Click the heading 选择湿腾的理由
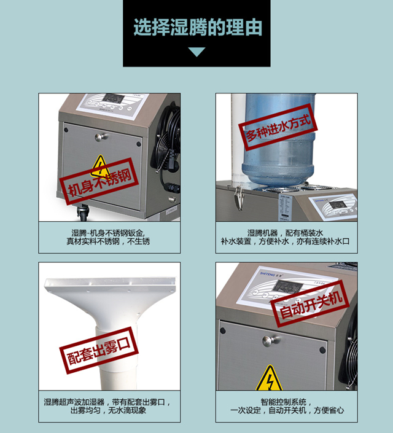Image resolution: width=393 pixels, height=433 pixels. tap(196, 28)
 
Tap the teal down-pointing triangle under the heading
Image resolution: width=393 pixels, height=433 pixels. tap(196, 52)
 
